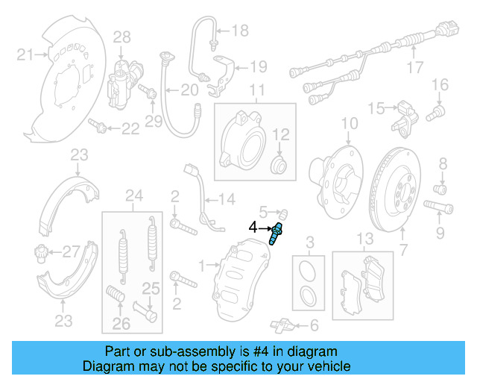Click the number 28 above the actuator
click(x=121, y=37)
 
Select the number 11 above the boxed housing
click(x=257, y=93)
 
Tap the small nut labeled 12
click(x=279, y=163)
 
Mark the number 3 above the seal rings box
click(x=311, y=240)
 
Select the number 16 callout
click(x=440, y=84)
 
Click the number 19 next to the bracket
click(x=257, y=66)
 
